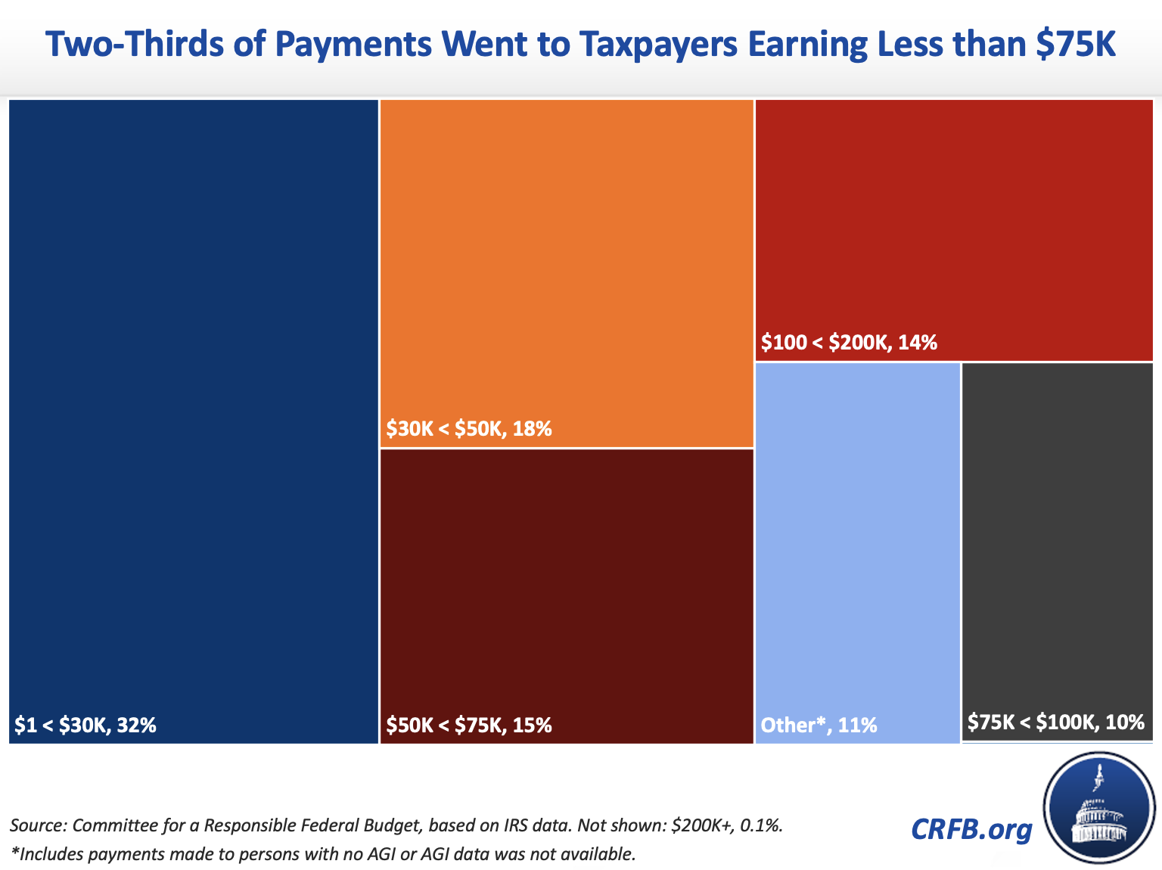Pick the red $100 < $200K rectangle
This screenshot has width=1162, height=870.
954,219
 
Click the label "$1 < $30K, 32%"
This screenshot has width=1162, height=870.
85,726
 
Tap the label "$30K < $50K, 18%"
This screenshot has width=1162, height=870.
469,430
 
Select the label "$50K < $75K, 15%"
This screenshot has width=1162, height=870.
469,726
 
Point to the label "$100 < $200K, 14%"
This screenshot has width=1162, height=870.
849,343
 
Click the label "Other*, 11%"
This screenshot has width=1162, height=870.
819,726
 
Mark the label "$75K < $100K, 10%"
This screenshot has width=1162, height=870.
1056,722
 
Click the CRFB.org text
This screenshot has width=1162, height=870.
971,829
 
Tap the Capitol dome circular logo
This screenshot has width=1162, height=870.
1099,808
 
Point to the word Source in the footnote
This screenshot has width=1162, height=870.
38,825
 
